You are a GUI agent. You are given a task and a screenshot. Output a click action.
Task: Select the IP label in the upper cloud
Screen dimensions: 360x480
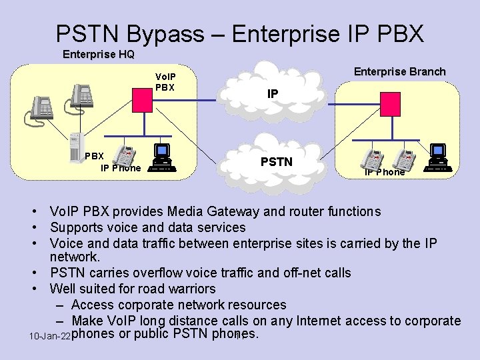coord(273,95)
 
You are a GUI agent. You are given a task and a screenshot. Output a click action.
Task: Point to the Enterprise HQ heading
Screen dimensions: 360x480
coord(98,55)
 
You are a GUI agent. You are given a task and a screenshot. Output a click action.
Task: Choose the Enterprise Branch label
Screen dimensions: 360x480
coord(399,71)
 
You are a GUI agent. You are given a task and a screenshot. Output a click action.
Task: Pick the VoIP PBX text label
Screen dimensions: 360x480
coord(165,82)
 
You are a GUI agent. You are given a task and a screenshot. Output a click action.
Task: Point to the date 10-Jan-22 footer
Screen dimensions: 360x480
coord(49,337)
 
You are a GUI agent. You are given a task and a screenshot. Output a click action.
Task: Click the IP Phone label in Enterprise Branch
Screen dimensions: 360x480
coord(384,172)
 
